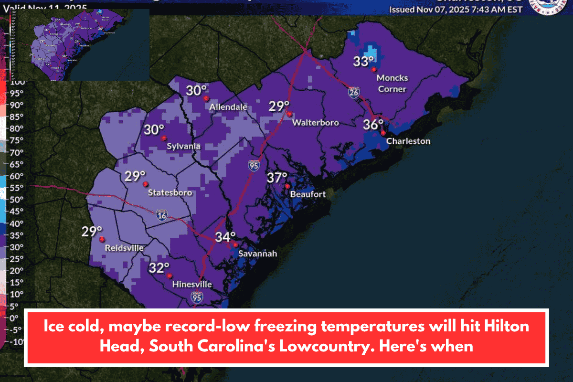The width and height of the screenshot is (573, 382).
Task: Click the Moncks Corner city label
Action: (x=392, y=83)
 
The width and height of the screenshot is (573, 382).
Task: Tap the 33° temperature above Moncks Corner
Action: (x=363, y=61)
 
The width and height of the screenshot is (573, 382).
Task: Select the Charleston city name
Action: (x=408, y=141)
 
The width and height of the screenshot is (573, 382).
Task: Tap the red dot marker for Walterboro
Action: (x=289, y=114)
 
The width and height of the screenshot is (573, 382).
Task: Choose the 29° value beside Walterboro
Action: (x=279, y=106)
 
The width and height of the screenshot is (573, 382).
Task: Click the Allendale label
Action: (x=228, y=107)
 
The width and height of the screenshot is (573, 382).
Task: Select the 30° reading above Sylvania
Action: (x=155, y=130)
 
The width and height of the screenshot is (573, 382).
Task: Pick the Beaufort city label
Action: (x=308, y=194)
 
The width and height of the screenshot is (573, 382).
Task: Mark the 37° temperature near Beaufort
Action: (x=276, y=178)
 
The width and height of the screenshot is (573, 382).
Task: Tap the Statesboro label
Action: (x=170, y=193)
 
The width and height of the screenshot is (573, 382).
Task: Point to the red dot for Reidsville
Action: (x=102, y=241)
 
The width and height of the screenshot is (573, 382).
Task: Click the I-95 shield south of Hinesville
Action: (x=197, y=297)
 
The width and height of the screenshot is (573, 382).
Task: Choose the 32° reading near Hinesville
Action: (x=159, y=268)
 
